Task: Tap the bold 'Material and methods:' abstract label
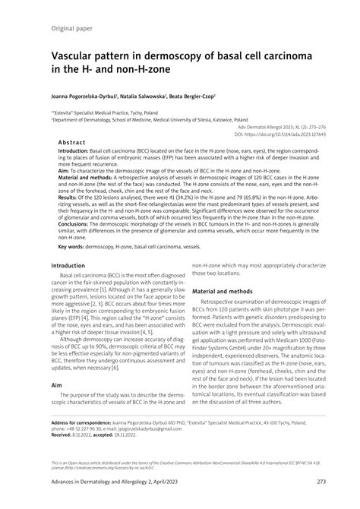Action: pos(86,179)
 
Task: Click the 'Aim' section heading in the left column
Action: pos(57,385)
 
